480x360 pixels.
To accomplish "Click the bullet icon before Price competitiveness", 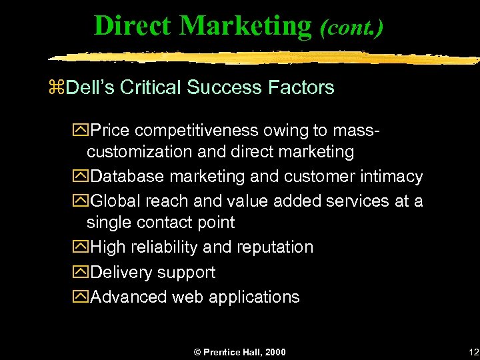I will tap(82, 127).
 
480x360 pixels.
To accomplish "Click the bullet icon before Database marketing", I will tap(82, 177).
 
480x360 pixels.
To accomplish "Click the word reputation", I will tap(275, 247).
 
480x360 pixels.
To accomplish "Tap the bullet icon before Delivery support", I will tap(82, 273).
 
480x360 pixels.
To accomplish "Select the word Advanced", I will tap(128, 297).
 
